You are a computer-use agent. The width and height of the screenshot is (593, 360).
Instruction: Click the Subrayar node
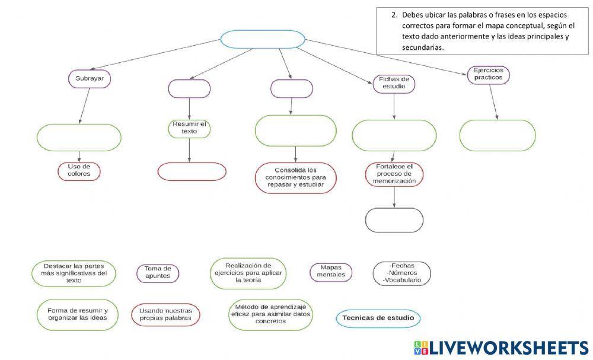click(x=90, y=79)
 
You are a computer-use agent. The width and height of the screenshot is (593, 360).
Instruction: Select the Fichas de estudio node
click(x=394, y=84)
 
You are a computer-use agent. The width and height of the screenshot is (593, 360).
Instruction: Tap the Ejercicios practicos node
click(x=488, y=75)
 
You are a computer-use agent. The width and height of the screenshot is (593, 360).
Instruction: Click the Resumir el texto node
click(x=189, y=129)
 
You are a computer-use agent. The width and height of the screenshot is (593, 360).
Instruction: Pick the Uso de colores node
click(x=79, y=171)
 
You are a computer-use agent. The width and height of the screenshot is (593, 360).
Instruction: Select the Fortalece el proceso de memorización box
click(x=394, y=174)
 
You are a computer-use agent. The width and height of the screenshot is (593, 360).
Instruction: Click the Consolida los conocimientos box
click(x=296, y=178)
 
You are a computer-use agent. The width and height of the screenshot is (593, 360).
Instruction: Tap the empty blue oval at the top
click(x=263, y=39)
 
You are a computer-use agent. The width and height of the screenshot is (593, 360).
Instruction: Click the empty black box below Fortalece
click(x=394, y=220)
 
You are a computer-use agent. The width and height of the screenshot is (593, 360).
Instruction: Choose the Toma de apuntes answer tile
click(x=158, y=273)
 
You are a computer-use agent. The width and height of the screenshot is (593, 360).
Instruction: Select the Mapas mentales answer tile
click(x=331, y=272)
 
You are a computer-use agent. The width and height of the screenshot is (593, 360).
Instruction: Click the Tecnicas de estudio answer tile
click(x=378, y=318)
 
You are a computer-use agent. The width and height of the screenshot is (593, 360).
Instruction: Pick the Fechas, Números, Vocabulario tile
click(x=401, y=273)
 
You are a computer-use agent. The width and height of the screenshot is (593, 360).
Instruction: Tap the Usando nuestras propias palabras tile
click(x=165, y=314)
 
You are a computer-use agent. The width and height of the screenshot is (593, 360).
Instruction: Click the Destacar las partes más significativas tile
click(x=74, y=273)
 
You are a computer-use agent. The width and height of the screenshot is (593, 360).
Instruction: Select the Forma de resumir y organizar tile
click(x=78, y=314)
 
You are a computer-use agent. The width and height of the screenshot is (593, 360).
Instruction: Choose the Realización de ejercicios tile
click(x=248, y=273)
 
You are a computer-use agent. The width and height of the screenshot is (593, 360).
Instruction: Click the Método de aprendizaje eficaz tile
click(x=270, y=314)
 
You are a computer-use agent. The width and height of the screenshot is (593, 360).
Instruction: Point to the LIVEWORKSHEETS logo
click(x=501, y=348)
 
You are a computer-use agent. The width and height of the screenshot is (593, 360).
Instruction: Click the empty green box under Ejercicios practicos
click(x=498, y=135)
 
